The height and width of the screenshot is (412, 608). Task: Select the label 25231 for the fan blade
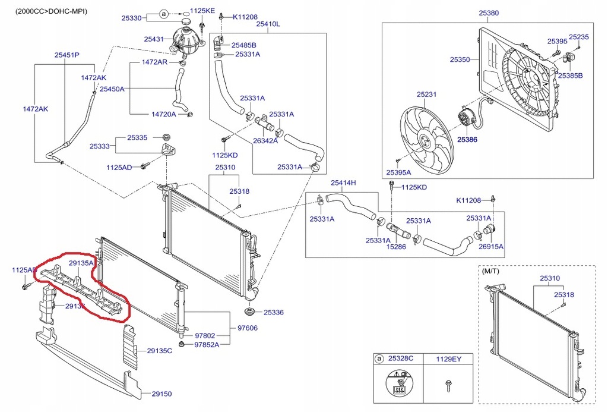coord(426,95)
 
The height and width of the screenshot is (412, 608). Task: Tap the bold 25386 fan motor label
coord(467,140)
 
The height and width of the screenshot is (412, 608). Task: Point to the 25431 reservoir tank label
coord(153,39)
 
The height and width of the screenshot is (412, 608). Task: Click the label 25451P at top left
coord(67,55)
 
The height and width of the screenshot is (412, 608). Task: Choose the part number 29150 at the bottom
coord(161,394)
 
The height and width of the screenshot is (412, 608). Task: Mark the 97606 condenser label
coord(248,328)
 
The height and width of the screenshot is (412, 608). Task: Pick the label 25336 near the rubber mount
coord(274,312)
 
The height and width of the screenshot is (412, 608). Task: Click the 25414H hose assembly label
coord(343,183)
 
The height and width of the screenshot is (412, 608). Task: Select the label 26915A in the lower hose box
coord(491,246)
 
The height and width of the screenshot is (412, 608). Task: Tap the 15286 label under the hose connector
coord(396,246)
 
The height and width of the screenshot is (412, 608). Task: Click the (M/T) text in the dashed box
coord(491,271)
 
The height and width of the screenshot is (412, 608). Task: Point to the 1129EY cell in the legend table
coord(449,359)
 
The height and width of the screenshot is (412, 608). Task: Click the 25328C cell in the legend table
coord(401,359)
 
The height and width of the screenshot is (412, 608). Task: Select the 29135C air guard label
coord(160,351)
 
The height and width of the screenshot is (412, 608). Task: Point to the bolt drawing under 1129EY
coord(446,386)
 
